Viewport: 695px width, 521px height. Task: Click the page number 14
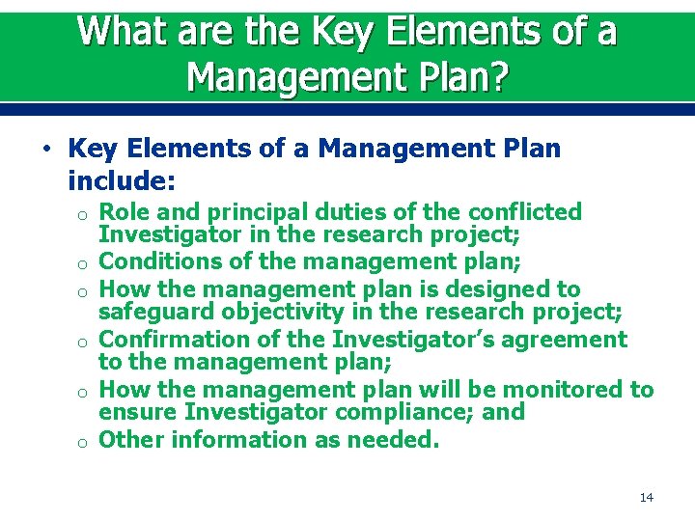(x=646, y=497)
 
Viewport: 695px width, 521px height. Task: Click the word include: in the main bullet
(x=122, y=179)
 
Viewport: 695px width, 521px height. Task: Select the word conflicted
(x=526, y=212)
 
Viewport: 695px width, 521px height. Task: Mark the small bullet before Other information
(x=84, y=442)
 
